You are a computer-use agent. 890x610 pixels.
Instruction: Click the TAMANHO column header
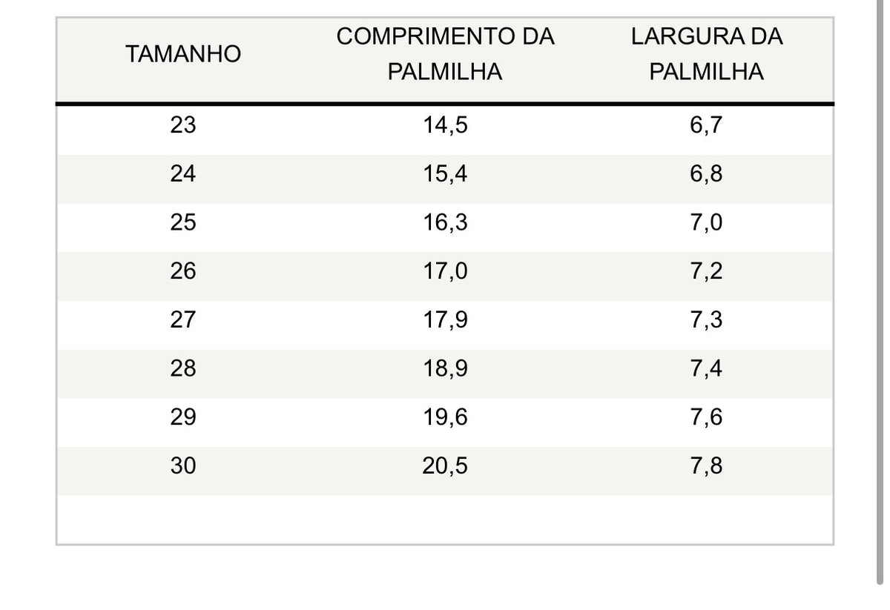coord(183,54)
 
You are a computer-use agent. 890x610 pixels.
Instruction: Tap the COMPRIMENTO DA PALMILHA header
coord(445,54)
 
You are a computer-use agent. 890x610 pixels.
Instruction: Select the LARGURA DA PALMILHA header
coord(706,54)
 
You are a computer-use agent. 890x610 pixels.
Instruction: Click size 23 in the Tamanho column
coord(183,125)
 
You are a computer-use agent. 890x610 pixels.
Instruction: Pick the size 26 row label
coord(183,271)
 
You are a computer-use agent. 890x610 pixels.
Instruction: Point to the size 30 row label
coord(183,465)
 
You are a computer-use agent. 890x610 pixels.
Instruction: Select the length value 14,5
coord(446,125)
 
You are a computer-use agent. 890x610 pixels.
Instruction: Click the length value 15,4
coord(446,174)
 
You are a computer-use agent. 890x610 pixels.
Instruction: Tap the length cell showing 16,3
coord(446,223)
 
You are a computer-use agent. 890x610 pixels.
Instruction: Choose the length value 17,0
coord(446,271)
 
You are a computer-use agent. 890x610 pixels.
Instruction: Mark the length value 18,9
coord(446,369)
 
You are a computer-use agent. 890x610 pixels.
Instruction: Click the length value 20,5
coord(445,466)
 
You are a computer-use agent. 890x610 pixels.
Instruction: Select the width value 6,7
coord(706,125)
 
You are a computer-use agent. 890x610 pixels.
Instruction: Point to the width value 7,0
coord(706,223)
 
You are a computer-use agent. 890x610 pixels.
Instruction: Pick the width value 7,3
coord(706,320)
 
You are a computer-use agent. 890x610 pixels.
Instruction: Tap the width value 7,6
coord(706,417)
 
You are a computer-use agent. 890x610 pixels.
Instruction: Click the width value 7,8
coord(706,466)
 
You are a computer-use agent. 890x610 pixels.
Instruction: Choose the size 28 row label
coord(183,368)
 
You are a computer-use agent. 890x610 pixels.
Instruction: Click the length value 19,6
coord(446,417)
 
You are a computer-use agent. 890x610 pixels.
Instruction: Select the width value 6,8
coord(706,174)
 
